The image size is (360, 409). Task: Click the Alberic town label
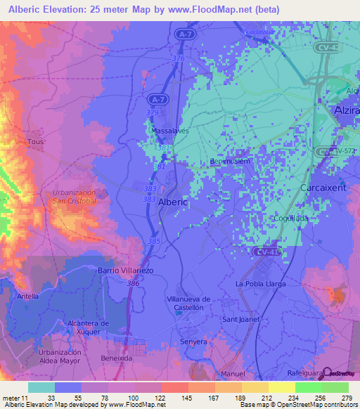(174, 202)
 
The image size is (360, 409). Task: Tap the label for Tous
(35, 142)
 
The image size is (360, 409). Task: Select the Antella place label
(27, 297)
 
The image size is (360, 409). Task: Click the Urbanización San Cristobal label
(74, 197)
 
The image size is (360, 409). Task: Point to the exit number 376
(178, 58)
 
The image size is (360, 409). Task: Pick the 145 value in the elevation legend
(174, 397)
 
